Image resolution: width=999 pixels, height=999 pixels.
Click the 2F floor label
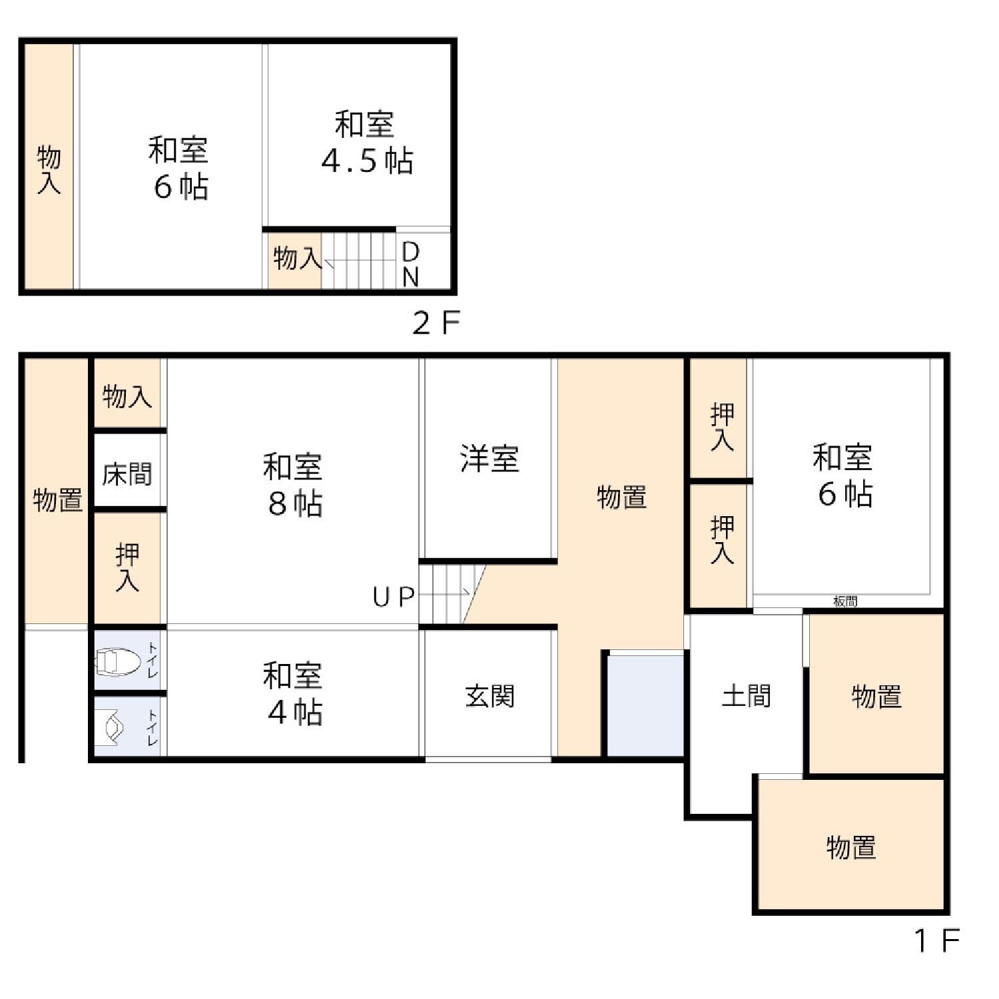pyautogui.click(x=436, y=323)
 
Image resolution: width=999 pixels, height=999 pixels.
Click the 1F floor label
pyautogui.click(x=936, y=940)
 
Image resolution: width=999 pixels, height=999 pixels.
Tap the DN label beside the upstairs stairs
pyautogui.click(x=411, y=264)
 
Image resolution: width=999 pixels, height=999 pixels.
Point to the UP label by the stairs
pyautogui.click(x=394, y=597)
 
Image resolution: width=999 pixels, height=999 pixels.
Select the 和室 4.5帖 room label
pyautogui.click(x=366, y=143)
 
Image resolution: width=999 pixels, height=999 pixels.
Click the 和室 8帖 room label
pyautogui.click(x=294, y=485)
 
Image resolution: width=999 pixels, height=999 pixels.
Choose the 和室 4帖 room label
pyautogui.click(x=294, y=693)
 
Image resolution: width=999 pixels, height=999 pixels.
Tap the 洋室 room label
pyautogui.click(x=490, y=459)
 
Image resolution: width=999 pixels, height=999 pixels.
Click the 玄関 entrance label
pyautogui.click(x=490, y=697)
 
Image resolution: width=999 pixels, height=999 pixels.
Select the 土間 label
pyautogui.click(x=747, y=696)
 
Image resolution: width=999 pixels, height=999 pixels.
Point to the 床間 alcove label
pyautogui.click(x=127, y=474)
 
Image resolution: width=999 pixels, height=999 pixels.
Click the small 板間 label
pyautogui.click(x=845, y=601)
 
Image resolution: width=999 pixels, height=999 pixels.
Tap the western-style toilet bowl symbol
pyautogui.click(x=118, y=662)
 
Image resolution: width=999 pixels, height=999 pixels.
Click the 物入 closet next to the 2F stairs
pyautogui.click(x=295, y=260)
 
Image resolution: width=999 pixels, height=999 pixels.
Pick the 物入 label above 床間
pyautogui.click(x=127, y=396)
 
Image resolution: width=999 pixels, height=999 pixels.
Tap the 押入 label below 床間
pyautogui.click(x=127, y=567)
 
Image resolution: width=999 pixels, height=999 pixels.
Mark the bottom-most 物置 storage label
pyautogui.click(x=851, y=847)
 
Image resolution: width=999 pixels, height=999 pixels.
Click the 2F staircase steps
pyautogui.click(x=359, y=260)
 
